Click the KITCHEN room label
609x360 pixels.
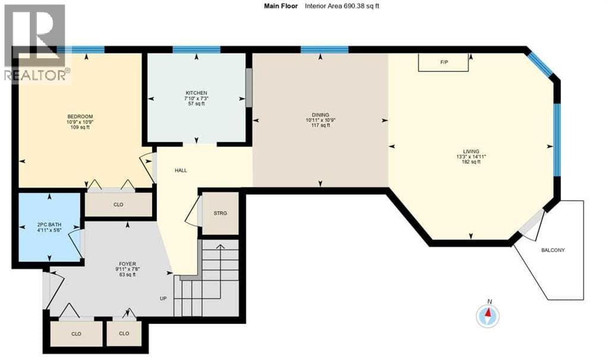tap(196, 93)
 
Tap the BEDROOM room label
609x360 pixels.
tap(80, 117)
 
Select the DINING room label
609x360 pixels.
tap(321, 115)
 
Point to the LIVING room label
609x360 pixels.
tap(471, 152)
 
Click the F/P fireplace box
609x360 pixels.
tap(443, 62)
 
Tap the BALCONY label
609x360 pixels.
tap(553, 251)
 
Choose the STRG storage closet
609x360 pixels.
tap(220, 214)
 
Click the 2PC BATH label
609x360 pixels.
tap(49, 225)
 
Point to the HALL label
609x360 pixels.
tap(181, 170)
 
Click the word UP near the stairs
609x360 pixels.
tap(163, 299)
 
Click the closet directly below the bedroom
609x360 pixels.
tap(118, 205)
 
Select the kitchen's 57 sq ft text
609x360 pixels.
tap(196, 104)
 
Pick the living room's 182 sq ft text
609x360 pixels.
tap(471, 162)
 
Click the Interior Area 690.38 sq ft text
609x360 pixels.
tap(342, 6)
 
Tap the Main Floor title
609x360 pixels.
tap(281, 6)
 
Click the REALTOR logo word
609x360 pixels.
tap(37, 75)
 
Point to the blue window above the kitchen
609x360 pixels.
tap(196, 49)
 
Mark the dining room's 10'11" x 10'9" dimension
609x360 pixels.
tap(321, 120)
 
